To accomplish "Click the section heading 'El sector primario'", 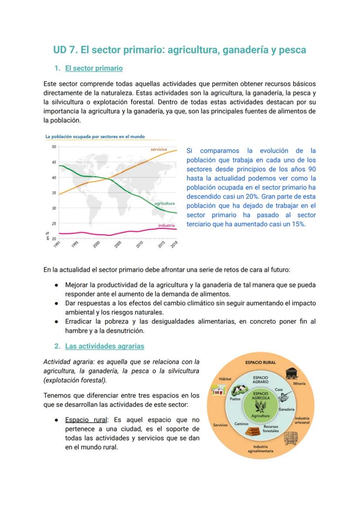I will coord(93,68).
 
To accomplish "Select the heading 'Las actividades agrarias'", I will coord(104,346).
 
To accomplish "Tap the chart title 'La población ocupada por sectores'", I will coord(95,136).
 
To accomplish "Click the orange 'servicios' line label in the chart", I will coord(159,149).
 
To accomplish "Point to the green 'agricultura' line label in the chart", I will coord(164,203).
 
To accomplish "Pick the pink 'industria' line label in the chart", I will coord(166,226).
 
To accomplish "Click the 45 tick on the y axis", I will coord(54,162).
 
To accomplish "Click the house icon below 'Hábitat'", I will coord(218,390).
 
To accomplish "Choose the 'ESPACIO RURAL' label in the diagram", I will coord(260,362).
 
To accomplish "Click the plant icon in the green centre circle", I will coord(260,406).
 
